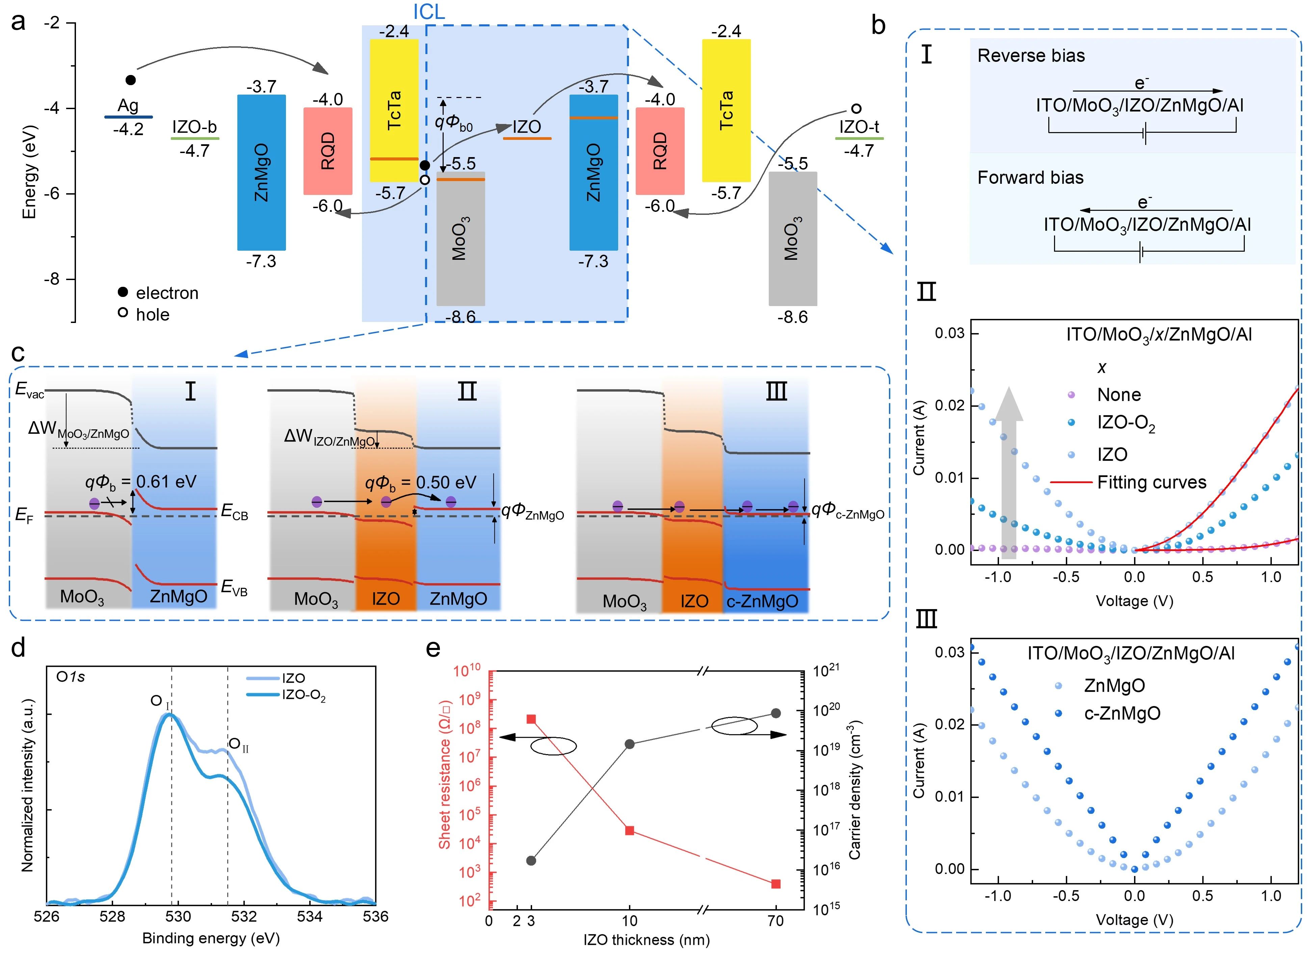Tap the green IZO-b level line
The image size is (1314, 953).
195,139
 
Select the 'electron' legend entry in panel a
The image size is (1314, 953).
167,293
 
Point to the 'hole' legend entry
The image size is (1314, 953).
152,315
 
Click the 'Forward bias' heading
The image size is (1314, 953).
1030,177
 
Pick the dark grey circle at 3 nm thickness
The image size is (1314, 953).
531,860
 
